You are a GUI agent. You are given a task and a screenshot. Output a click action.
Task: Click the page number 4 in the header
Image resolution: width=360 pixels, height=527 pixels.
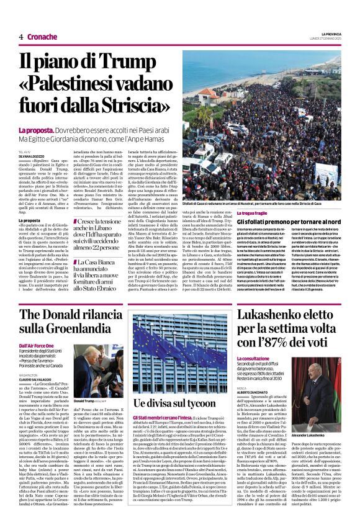point(21,37)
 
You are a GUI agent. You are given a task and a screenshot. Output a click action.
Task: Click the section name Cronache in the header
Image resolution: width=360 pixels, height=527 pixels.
point(42,37)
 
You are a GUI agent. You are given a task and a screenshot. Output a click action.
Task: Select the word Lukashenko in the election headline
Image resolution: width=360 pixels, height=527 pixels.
point(279,317)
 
